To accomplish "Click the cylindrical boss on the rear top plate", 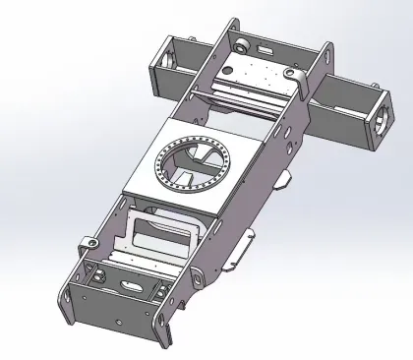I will (240, 45).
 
